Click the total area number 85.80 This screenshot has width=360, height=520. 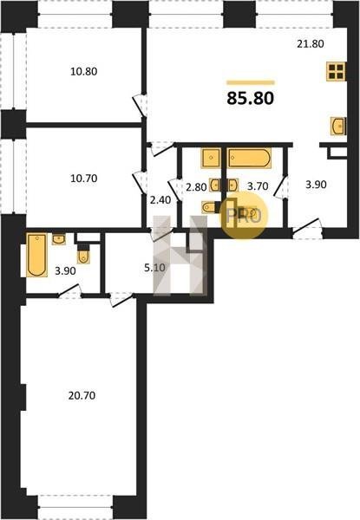point(251,98)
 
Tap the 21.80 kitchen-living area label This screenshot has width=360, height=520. point(311,44)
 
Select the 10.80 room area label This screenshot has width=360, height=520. point(84,71)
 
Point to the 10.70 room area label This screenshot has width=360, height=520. point(84,179)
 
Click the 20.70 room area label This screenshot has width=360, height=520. point(82,395)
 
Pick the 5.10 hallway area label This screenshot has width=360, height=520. point(154,267)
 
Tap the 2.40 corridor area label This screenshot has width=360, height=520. point(160,200)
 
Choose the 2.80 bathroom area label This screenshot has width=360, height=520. point(196,187)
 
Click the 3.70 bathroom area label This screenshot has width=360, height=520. point(258,186)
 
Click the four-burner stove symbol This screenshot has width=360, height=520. point(336,71)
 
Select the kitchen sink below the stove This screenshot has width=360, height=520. point(338,126)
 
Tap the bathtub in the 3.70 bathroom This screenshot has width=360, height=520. point(250,158)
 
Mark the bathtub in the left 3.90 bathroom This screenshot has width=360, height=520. point(36,255)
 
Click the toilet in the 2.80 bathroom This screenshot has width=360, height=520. point(210,207)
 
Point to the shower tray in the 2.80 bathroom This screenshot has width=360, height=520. point(211,159)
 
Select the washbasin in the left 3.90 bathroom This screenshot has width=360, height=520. point(59,239)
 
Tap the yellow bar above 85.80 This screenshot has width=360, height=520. point(251,82)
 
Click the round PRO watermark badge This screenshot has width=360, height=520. point(244,216)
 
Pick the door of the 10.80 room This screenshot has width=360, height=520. point(140,106)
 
